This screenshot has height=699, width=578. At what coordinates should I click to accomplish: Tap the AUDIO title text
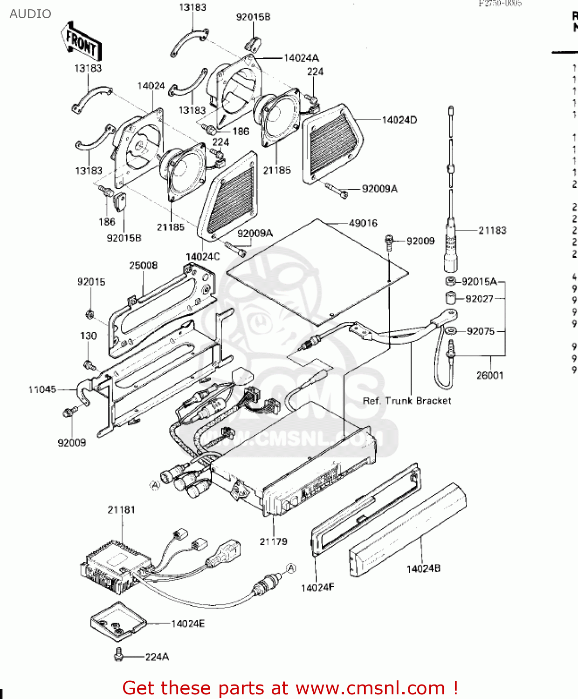point(30,14)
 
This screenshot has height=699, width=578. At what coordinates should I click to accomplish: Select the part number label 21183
point(492,230)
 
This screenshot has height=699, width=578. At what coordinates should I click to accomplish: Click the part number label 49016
point(363,223)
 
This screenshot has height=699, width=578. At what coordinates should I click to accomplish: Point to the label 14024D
point(399,120)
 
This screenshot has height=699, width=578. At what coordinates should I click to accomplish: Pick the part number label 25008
point(143,266)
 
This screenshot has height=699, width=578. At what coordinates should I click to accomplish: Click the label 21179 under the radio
point(274,541)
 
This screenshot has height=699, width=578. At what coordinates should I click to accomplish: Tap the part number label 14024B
point(423,569)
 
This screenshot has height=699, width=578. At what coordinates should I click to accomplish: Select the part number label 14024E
point(188,624)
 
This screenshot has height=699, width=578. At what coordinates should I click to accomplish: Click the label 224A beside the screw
point(157,657)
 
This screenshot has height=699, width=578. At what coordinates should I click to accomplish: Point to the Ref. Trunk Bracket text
point(407,401)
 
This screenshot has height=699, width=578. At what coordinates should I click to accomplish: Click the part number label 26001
point(490,376)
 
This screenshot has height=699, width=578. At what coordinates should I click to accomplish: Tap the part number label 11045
point(42,390)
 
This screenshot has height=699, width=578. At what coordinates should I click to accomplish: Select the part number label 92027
point(479,299)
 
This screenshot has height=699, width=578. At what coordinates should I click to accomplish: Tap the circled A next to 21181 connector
point(291,568)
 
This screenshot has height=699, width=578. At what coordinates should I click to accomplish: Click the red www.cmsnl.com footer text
point(290,688)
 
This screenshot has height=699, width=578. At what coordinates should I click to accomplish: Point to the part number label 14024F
point(317,588)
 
